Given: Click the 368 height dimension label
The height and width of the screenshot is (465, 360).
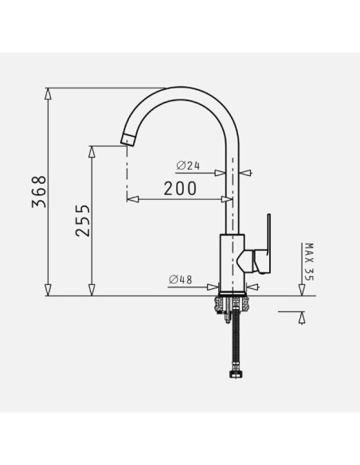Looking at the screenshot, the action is click(39, 192).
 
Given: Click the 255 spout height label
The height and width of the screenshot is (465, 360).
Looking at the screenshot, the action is click(83, 221).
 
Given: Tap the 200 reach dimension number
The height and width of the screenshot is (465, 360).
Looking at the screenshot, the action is click(180, 189).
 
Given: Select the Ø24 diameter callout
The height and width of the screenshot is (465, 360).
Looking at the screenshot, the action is click(188, 166).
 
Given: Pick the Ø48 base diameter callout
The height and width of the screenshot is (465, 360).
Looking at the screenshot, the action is click(181, 279).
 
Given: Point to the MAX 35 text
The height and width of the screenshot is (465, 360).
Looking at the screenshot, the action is click(309, 262).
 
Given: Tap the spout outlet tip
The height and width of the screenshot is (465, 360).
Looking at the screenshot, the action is click(127, 139).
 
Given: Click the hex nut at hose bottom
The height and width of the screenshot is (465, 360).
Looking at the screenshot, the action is click(236, 373).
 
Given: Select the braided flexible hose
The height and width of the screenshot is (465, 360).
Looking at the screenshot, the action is click(236, 338).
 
